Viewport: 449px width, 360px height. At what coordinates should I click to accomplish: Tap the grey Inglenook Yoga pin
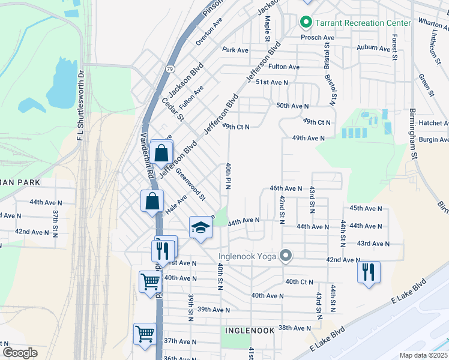tap(286, 257)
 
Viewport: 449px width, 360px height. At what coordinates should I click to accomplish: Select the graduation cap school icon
tap(201, 227)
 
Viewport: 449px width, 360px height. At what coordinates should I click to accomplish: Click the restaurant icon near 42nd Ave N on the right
tap(369, 272)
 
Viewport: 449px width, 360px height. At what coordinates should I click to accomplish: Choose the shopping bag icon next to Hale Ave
tap(152, 200)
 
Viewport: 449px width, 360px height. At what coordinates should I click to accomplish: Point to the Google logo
tap(20, 353)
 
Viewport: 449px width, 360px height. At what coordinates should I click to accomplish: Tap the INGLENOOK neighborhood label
tap(250, 331)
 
